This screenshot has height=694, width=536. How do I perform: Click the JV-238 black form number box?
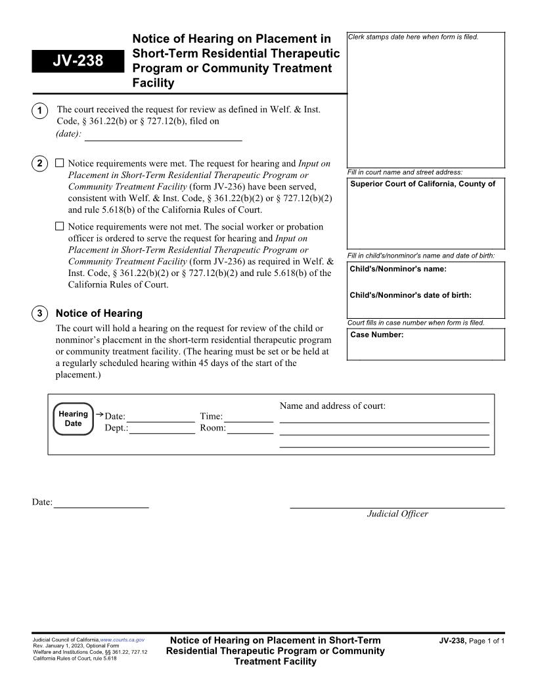tap(77, 61)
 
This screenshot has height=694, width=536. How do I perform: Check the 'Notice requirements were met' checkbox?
tap(60, 163)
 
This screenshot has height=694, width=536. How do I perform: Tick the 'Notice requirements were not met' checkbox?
tap(60, 226)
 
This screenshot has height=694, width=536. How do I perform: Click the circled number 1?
tap(39, 110)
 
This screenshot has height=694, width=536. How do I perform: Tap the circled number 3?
tap(39, 313)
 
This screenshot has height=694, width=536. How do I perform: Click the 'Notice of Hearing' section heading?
tap(99, 313)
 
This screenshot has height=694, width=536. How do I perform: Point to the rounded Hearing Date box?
tap(73, 419)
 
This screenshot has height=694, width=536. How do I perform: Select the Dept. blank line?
tap(162, 428)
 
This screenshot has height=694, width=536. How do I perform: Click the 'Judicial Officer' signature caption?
tap(397, 514)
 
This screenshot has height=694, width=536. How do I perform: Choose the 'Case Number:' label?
tap(377, 335)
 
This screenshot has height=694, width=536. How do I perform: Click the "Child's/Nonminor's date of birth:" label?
tap(411, 296)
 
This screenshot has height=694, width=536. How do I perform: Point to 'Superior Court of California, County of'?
tap(422, 184)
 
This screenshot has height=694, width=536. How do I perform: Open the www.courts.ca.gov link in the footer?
tap(122, 639)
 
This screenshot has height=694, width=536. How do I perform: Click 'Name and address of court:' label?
tap(332, 406)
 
